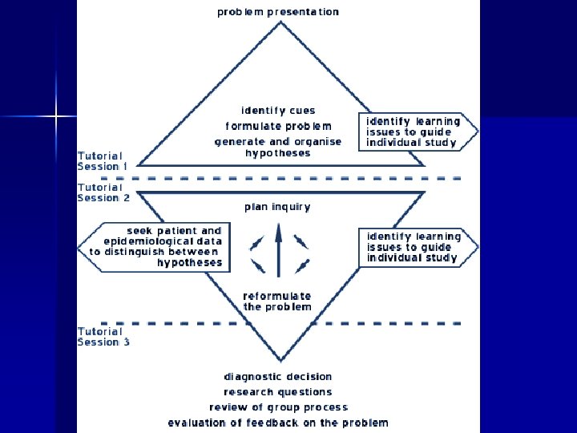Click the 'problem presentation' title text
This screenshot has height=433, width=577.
pyautogui.click(x=278, y=12)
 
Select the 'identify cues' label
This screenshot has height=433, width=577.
pyautogui.click(x=278, y=111)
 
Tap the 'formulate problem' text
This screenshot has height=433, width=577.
pyautogui.click(x=278, y=126)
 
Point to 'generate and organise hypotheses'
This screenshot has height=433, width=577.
pyautogui.click(x=278, y=147)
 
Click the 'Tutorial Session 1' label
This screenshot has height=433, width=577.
pyautogui.click(x=101, y=161)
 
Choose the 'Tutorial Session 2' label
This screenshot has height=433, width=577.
pyautogui.click(x=103, y=192)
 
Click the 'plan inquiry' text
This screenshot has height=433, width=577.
pyautogui.click(x=277, y=206)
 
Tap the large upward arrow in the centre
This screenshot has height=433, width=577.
pyautogui.click(x=278, y=252)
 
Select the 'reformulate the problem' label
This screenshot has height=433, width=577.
pyautogui.click(x=277, y=301)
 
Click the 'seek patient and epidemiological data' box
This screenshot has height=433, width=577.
pyautogui.click(x=155, y=246)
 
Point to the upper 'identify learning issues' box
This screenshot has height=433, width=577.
pyautogui.click(x=416, y=132)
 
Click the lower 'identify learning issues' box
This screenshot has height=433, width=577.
pyautogui.click(x=416, y=247)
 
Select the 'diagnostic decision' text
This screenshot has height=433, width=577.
pyautogui.click(x=278, y=377)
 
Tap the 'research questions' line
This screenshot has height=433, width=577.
pyautogui.click(x=278, y=392)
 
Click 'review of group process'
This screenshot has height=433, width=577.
pyautogui.click(x=278, y=407)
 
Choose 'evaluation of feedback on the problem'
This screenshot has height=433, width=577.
pyautogui.click(x=278, y=423)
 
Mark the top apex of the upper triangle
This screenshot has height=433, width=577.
pyautogui.click(x=279, y=22)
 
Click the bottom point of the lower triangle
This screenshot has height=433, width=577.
pyautogui.click(x=279, y=360)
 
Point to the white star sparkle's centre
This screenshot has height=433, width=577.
pyautogui.click(x=56, y=117)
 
